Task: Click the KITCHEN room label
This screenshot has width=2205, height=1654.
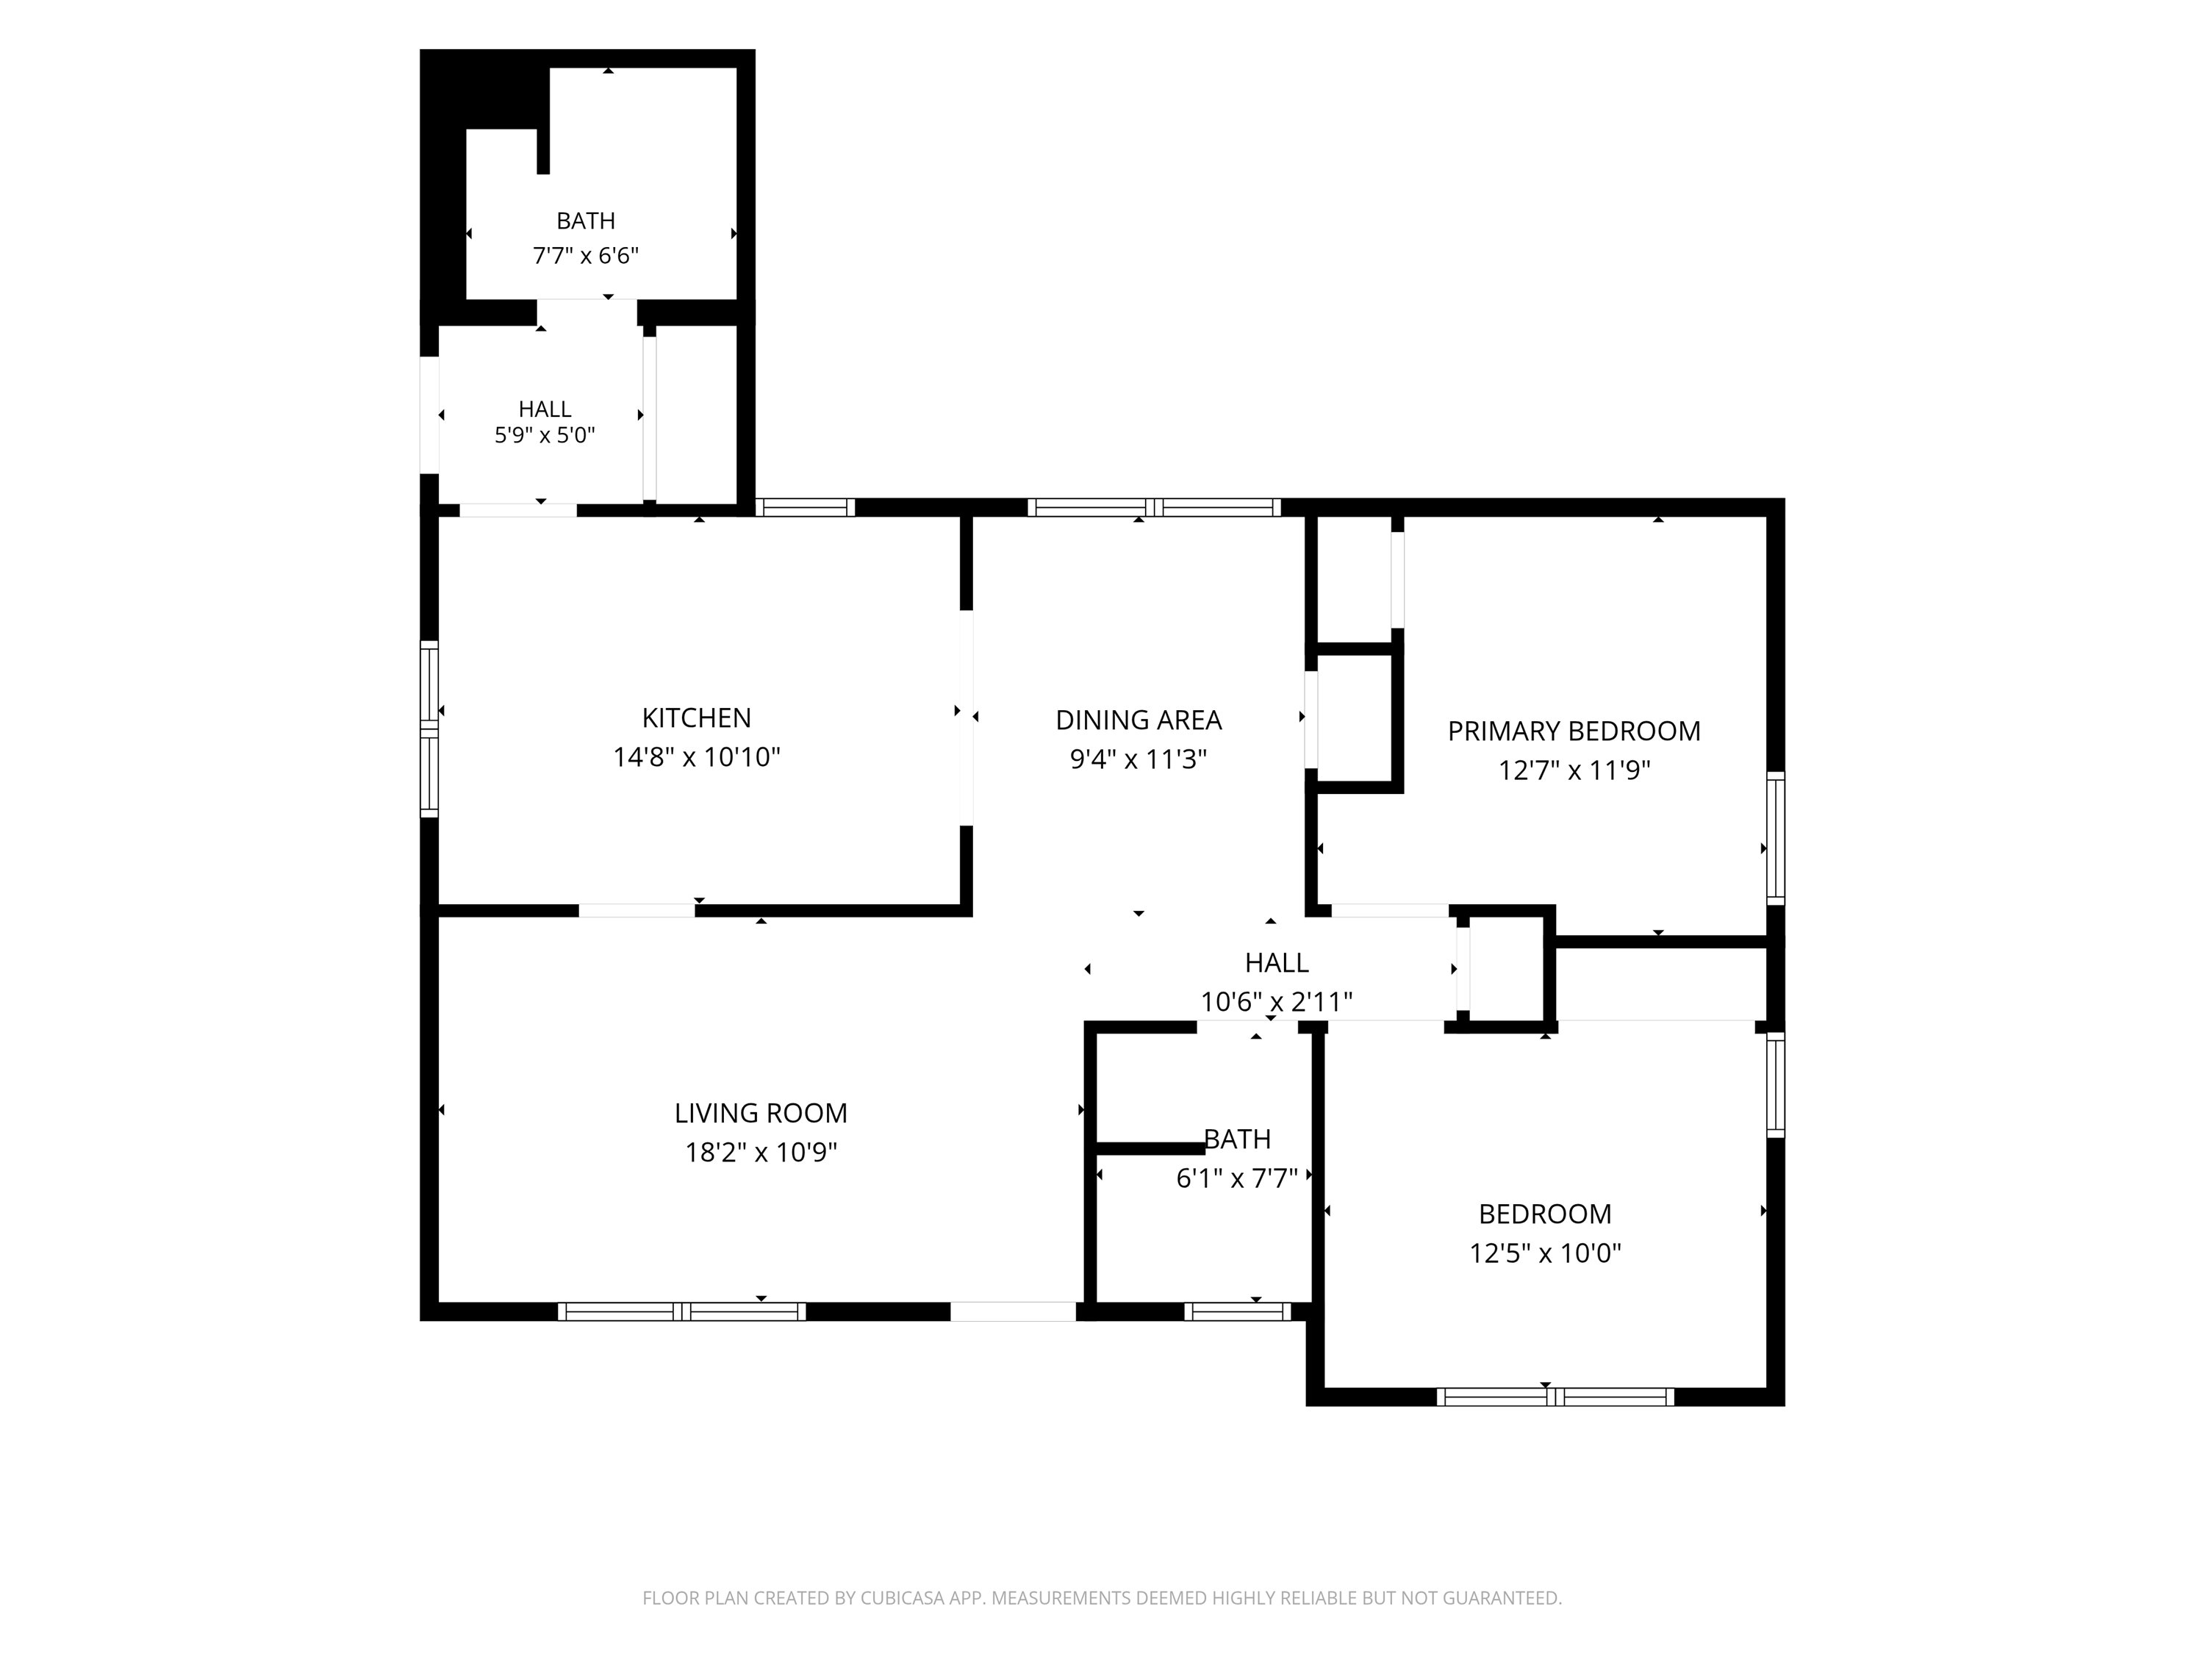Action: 696,717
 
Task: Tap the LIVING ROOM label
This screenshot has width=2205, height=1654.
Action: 761,1113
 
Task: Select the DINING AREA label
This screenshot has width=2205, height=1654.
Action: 1139,720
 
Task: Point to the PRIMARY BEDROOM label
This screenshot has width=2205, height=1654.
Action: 1574,731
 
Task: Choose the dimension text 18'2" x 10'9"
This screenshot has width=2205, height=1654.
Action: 761,1153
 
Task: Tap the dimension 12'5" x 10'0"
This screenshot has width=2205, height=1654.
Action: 1545,1253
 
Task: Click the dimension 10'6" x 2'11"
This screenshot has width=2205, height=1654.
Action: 1276,1002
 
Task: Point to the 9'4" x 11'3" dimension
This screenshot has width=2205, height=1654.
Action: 1139,759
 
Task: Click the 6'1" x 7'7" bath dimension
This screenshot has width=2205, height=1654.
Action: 1237,1179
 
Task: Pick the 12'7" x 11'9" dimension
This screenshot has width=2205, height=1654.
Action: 1574,770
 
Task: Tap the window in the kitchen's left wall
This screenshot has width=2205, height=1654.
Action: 429,728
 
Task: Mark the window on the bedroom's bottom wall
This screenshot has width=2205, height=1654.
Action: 1555,1397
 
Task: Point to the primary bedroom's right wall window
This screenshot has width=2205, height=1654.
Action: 1775,837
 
